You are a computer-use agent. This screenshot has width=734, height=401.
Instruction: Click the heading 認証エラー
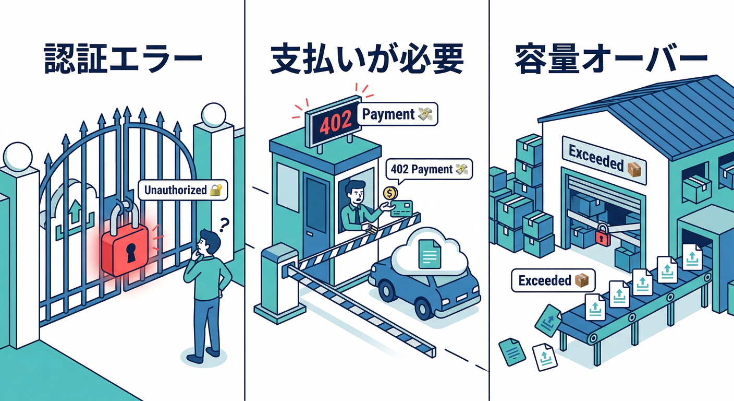point(123,61)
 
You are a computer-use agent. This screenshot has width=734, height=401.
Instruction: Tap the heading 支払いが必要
point(366,61)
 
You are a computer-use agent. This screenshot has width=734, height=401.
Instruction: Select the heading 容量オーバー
point(611,61)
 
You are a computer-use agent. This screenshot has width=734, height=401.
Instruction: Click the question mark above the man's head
point(224,225)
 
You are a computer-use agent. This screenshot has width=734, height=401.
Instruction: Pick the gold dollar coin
point(389,194)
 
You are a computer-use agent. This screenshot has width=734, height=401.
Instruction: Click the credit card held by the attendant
point(401,208)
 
